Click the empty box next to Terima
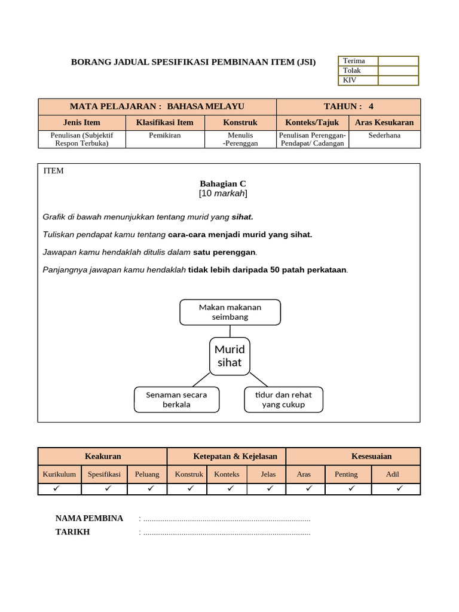pyautogui.click(x=398, y=61)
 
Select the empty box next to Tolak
pyautogui.click(x=398, y=71)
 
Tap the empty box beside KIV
pyautogui.click(x=398, y=80)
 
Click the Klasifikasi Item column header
pyautogui.click(x=165, y=123)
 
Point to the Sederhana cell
pyautogui.click(x=384, y=136)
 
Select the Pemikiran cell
pyautogui.click(x=165, y=136)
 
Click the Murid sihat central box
pyautogui.click(x=229, y=356)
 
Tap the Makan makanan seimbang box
pyautogui.click(x=230, y=312)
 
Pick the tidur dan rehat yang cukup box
pyautogui.click(x=284, y=399)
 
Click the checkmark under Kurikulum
pyautogui.click(x=59, y=488)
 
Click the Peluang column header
pyautogui.click(x=147, y=474)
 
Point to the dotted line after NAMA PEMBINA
pyautogui.click(x=227, y=519)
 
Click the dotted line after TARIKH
pyautogui.click(x=227, y=532)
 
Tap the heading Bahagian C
pyautogui.click(x=222, y=183)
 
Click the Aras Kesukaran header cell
pyautogui.click(x=384, y=123)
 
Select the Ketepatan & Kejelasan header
pyautogui.click(x=227, y=456)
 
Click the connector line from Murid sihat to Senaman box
pyautogui.click(x=201, y=380)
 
